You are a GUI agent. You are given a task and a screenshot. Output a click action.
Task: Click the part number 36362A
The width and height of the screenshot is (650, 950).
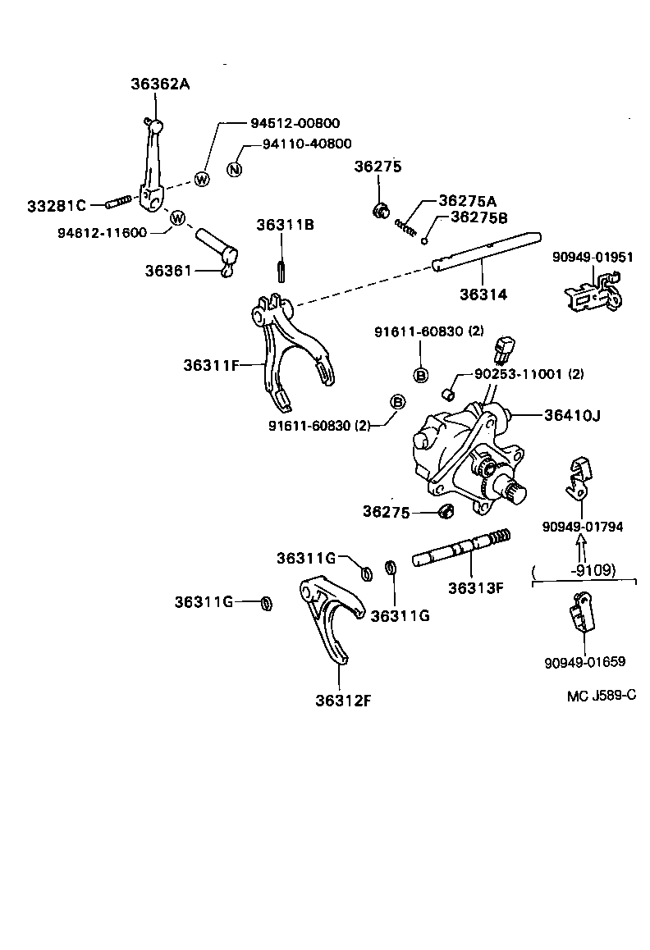click(159, 84)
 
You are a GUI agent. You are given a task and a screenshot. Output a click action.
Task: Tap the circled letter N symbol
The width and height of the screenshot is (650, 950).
click(234, 170)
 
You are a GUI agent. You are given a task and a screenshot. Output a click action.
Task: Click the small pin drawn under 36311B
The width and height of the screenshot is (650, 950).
click(282, 269)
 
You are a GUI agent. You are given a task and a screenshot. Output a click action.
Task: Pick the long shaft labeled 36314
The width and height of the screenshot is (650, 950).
click(484, 252)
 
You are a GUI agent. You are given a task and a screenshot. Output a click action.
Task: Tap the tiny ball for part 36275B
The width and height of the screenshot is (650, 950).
click(424, 241)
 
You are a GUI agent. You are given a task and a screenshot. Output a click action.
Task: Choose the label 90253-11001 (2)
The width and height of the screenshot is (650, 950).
click(529, 374)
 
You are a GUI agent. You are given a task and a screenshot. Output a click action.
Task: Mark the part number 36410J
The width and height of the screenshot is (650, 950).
click(572, 415)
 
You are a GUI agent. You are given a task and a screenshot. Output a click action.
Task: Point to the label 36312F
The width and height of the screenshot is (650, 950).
click(343, 700)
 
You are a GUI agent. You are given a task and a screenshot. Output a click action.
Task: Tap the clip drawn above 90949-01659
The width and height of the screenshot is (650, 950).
click(581, 614)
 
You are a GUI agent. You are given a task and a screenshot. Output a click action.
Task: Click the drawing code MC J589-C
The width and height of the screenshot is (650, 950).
click(601, 696)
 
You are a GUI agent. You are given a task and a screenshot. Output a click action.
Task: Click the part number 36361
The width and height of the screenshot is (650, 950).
click(168, 270)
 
